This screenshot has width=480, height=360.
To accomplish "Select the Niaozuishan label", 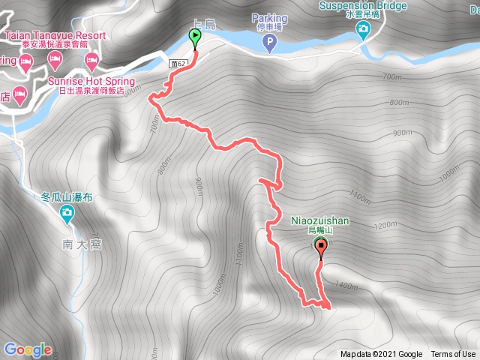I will [320, 221].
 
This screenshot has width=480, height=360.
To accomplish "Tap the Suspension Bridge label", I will [363, 5].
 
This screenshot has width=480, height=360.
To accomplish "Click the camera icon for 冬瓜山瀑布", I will [67, 216].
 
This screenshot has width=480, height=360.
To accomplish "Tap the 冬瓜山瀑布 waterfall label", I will [67, 199].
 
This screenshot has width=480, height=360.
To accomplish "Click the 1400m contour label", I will [346, 286].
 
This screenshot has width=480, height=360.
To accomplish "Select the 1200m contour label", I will [385, 225].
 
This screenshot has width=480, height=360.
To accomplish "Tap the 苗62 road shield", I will [178, 64].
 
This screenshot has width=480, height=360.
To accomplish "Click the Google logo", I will [28, 349].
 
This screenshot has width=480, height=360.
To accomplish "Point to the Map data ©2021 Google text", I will [381, 355].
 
